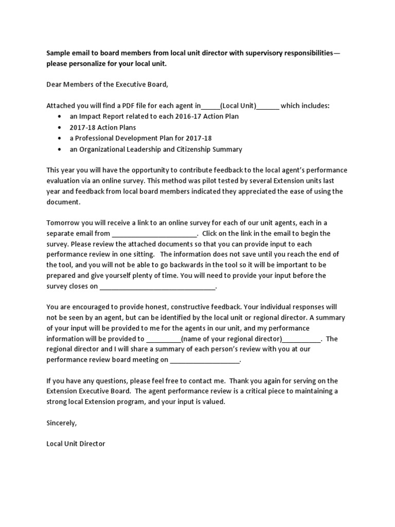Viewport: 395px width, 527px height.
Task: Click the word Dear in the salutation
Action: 55,84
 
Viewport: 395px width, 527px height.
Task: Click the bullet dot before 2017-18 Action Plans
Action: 61,127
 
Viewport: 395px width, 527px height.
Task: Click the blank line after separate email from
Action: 154,233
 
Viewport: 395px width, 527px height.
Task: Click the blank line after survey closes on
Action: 157,287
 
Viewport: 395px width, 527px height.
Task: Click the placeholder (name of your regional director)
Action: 231,339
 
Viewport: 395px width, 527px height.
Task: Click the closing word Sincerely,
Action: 62,423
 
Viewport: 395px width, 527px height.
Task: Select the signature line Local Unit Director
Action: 76,443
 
